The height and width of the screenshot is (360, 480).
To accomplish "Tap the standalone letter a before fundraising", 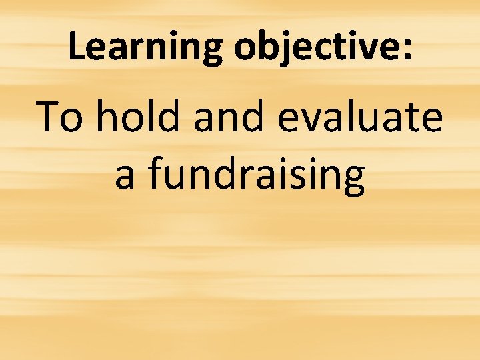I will (125, 175).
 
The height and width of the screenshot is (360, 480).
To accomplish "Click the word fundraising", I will (256, 175).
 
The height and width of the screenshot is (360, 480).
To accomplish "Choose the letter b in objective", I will (263, 47).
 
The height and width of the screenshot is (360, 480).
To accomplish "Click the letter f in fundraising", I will (155, 173).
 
